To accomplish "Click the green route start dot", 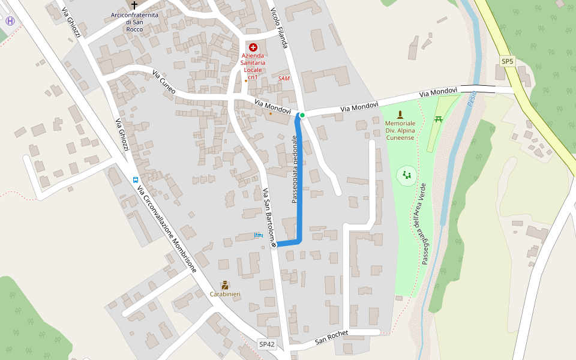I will coord(302,115).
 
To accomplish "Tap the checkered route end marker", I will coord(274,244).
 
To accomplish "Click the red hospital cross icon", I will coord(253,47).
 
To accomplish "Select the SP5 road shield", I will coord(508,62).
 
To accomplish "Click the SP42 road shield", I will coord(267,344).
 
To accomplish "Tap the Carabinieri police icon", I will coord(225,284).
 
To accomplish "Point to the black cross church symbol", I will coord(134,4).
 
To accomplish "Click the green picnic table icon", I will coord(439,119).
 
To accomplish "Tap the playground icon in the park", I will coord(407,175).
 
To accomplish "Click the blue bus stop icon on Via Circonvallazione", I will coord(136,179).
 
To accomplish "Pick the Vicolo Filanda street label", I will coord(283,26).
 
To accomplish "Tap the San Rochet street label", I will coord(332,337).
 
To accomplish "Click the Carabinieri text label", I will coord(225,294).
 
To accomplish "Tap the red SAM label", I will coord(284,78).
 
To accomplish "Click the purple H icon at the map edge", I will coord(10,21).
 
